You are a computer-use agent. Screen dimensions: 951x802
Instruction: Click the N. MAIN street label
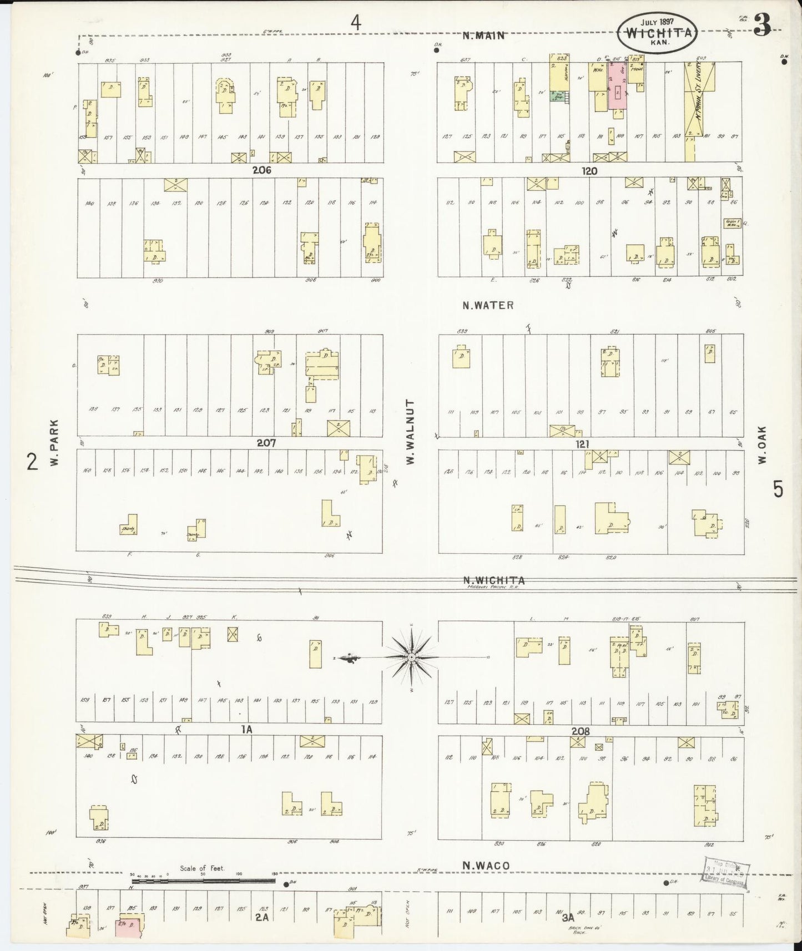(x=484, y=36)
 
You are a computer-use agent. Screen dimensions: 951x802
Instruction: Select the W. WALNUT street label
(x=411, y=432)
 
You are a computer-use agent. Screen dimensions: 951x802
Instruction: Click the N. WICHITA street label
(x=494, y=580)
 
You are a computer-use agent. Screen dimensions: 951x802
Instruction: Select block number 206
(x=261, y=170)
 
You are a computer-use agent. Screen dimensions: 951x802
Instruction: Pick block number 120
(x=589, y=171)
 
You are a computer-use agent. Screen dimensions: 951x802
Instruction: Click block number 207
(x=266, y=443)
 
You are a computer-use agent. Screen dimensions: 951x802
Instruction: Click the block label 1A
(x=246, y=730)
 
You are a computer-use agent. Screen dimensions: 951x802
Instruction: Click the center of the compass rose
(x=411, y=657)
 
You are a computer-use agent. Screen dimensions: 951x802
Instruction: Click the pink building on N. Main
(x=618, y=86)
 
